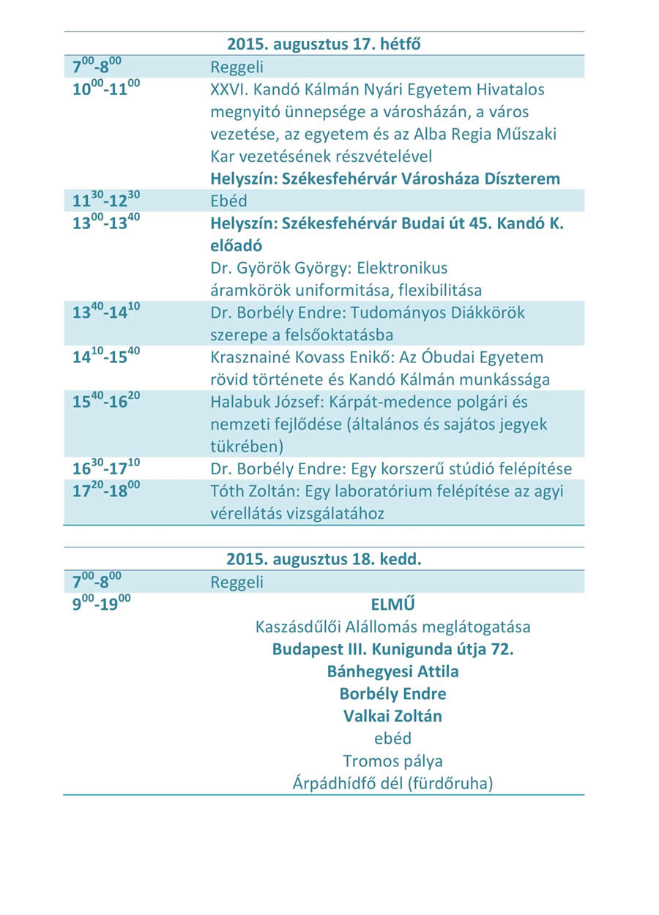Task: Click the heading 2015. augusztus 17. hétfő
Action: (324, 44)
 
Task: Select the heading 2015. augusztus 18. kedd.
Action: (324, 559)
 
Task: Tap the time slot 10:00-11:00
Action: (106, 89)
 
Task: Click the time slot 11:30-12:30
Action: (106, 200)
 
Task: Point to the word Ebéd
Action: (229, 201)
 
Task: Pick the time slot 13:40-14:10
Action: (106, 312)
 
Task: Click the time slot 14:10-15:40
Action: (106, 356)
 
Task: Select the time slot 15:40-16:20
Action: (106, 401)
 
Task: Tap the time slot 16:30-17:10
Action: (106, 468)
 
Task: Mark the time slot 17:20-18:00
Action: (106, 490)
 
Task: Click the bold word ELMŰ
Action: (392, 605)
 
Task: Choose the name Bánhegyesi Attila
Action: (392, 671)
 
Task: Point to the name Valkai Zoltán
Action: (392, 716)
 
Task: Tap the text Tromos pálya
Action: (392, 761)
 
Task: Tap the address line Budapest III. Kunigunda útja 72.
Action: (392, 649)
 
